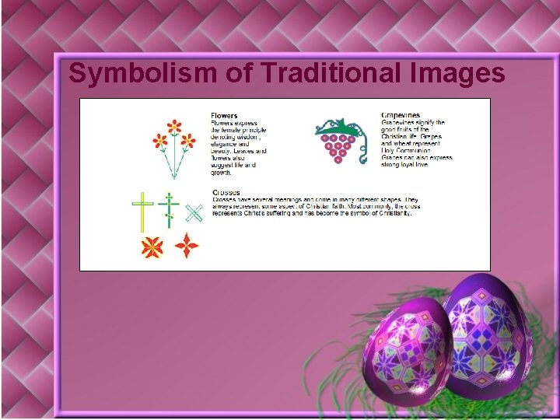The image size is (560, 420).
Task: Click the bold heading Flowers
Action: coord(225,116)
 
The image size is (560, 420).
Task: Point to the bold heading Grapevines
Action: coord(401,116)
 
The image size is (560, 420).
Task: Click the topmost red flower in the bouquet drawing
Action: coord(174,126)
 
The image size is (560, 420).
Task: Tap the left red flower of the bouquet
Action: coord(160,141)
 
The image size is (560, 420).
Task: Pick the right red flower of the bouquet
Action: coord(187,141)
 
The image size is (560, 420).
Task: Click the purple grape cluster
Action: coord(338,145)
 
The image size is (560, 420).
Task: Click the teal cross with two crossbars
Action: coord(167,208)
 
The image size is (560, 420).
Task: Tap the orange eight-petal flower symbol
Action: coord(152,247)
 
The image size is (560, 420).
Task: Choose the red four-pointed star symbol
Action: coord(187,246)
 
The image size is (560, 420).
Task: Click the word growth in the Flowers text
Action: coord(222,172)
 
